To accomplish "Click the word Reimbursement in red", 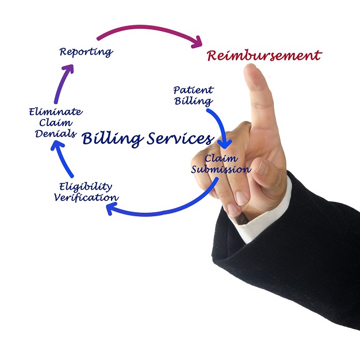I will [264, 56].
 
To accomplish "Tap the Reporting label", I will [86, 52].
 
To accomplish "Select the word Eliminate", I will [55, 112].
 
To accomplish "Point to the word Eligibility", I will [86, 186].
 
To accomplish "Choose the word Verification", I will [86, 198].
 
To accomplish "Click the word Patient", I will [193, 90].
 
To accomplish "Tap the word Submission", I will [221, 170].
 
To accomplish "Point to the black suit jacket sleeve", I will [299, 259].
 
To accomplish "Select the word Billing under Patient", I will [193, 101].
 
